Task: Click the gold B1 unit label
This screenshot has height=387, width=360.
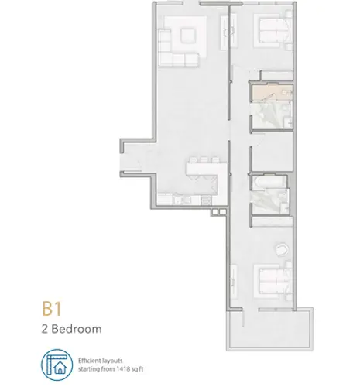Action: click(x=52, y=309)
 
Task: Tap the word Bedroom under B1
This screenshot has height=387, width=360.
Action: click(x=77, y=329)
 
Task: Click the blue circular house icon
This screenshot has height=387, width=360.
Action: click(x=57, y=365)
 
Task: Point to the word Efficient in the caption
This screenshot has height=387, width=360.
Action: click(x=88, y=361)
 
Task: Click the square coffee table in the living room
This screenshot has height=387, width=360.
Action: click(x=187, y=36)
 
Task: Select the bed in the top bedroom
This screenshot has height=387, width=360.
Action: click(x=273, y=31)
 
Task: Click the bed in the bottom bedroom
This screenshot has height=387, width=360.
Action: click(x=273, y=282)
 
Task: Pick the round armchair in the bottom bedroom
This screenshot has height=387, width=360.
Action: click(x=281, y=249)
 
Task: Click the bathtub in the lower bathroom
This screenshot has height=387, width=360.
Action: click(x=270, y=183)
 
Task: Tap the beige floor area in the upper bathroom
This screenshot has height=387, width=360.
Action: click(x=271, y=92)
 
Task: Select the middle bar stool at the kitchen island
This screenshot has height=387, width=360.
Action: click(x=204, y=160)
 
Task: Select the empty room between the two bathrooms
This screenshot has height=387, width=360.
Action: click(x=273, y=152)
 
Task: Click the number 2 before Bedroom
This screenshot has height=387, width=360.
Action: click(x=45, y=329)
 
